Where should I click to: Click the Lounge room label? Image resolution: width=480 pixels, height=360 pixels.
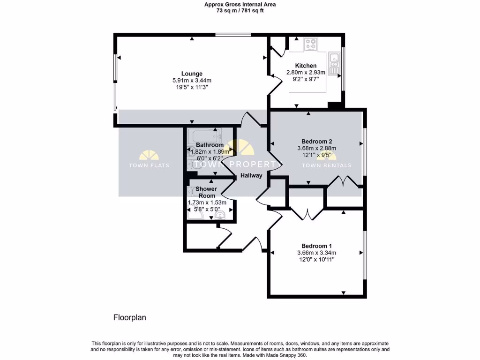click(192, 74)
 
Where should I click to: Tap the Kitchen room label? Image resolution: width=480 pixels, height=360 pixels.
click(306, 66)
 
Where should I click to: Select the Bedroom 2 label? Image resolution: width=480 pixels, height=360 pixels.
click(316, 142)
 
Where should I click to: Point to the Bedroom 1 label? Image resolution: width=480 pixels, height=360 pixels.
click(316, 246)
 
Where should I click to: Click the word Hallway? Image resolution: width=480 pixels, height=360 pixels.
click(251, 176)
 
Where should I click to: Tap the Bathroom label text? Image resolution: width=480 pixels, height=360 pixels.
click(210, 145)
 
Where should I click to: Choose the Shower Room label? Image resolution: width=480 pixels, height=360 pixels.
click(207, 192)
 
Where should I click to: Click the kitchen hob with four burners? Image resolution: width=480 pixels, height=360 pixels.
click(310, 45)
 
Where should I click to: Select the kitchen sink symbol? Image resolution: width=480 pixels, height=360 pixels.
click(335, 65)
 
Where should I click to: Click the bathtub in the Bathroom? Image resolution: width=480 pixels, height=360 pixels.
click(202, 137)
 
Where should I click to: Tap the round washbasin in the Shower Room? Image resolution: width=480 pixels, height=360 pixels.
click(219, 215)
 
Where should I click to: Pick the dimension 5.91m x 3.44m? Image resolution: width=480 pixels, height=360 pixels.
click(192, 81)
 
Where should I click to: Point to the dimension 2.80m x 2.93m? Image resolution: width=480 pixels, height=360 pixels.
click(306, 73)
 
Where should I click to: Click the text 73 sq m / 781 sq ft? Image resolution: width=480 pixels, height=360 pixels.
click(240, 11)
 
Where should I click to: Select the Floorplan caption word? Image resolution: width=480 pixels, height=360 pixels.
click(130, 317)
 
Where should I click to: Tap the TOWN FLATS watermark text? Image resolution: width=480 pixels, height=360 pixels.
click(149, 165)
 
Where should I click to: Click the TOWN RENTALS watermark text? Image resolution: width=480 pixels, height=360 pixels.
click(326, 165)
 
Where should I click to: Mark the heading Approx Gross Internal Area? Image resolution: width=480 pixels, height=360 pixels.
click(240, 4)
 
